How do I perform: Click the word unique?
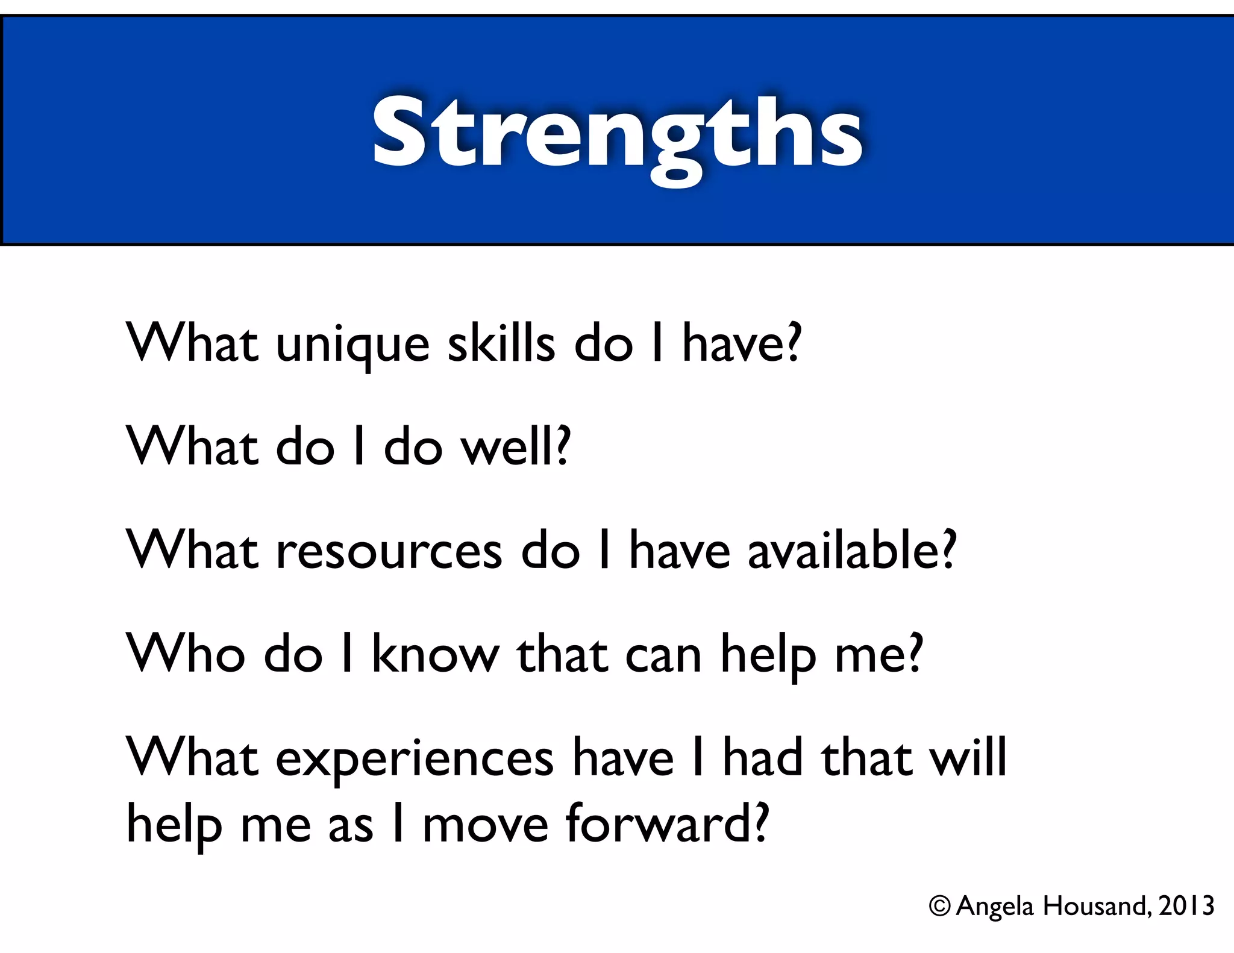pos(352,345)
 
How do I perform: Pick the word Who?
pos(186,654)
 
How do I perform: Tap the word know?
pos(435,654)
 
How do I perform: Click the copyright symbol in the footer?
pos(939,905)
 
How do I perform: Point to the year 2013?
pos(1186,905)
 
